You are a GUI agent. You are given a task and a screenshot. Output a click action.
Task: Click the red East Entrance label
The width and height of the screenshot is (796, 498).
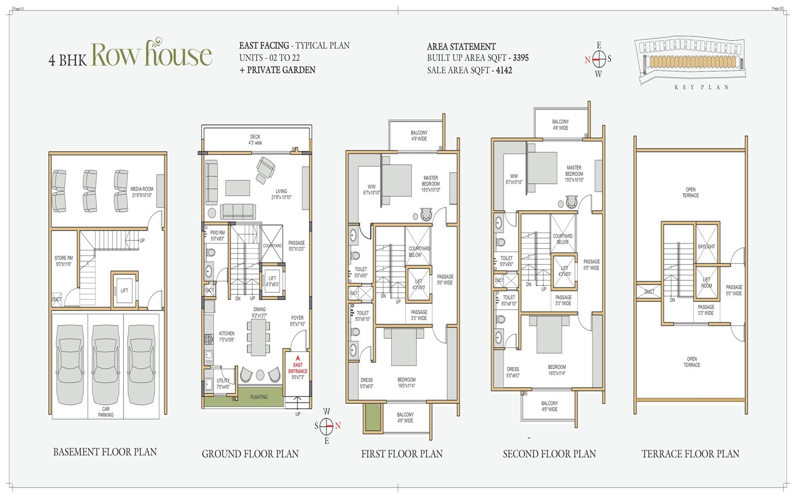pyautogui.click(x=298, y=368)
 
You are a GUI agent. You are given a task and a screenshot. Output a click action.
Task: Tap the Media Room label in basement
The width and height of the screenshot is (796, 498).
pyautogui.click(x=142, y=192)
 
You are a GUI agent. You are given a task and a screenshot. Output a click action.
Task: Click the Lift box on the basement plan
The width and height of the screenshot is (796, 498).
pyautogui.click(x=124, y=290)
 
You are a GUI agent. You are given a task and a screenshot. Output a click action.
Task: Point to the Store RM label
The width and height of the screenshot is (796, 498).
pyautogui.click(x=64, y=261)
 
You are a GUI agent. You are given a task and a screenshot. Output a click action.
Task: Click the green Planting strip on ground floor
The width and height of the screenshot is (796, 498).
pyautogui.click(x=259, y=397)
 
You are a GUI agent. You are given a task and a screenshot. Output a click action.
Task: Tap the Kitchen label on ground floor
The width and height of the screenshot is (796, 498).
pyautogui.click(x=226, y=337)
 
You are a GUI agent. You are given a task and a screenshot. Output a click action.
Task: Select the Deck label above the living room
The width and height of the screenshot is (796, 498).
pyautogui.click(x=255, y=139)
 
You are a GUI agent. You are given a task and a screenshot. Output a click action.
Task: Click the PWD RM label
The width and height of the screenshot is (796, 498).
pyautogui.click(x=217, y=236)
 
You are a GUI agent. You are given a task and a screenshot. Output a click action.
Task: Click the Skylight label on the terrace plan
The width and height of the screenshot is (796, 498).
pyautogui.click(x=706, y=247)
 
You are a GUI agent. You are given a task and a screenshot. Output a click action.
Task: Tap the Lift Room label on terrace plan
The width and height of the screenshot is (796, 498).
pyautogui.click(x=706, y=283)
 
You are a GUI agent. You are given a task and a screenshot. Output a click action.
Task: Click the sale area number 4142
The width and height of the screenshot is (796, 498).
pyautogui.click(x=503, y=70)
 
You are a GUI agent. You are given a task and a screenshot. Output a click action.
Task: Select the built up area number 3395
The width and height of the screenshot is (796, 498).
pyautogui.click(x=520, y=58)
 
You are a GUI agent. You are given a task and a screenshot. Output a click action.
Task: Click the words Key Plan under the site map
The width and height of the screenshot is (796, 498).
pyautogui.click(x=701, y=87)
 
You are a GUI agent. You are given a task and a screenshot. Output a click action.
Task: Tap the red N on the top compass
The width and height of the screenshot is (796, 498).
pyautogui.click(x=588, y=60)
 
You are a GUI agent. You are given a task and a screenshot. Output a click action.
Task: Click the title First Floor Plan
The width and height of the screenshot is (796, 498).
pyautogui.click(x=401, y=454)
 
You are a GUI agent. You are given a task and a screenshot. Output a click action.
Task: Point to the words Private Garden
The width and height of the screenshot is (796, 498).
pyautogui.click(x=281, y=70)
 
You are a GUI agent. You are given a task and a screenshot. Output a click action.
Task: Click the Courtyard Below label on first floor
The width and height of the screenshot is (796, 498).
pyautogui.click(x=419, y=251)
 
